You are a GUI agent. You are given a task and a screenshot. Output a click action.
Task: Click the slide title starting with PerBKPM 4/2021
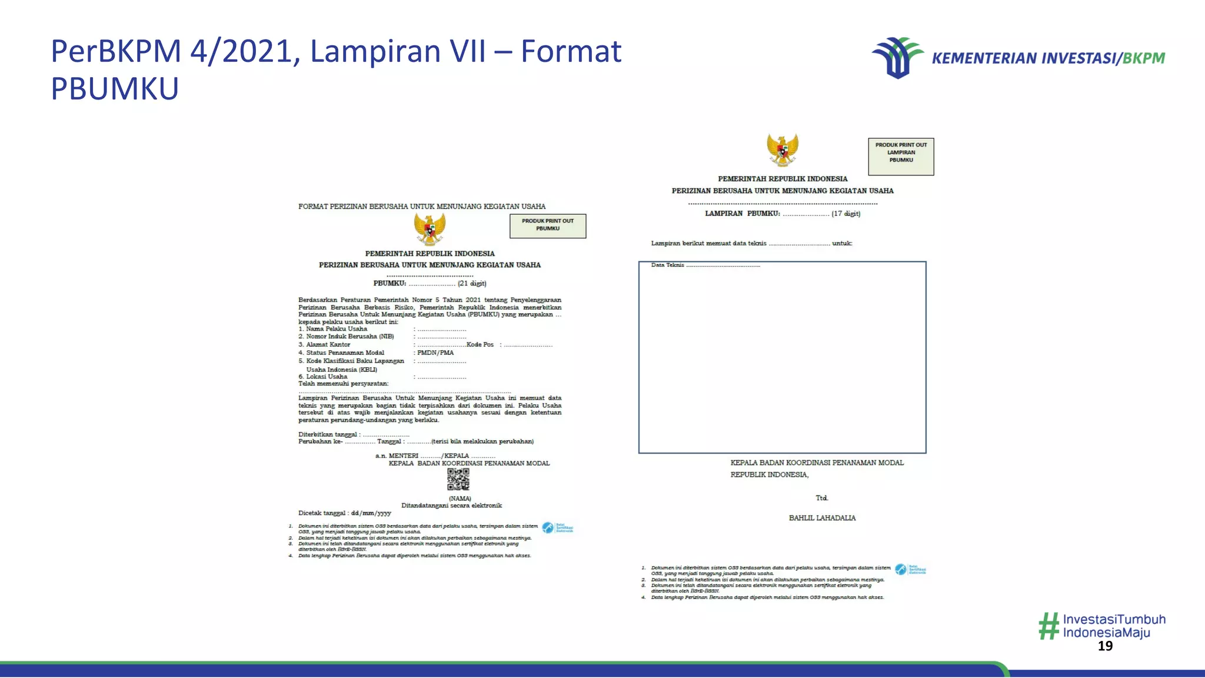point(335,69)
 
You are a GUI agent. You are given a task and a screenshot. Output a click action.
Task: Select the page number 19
point(1105,646)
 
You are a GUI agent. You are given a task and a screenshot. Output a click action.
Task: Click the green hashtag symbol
point(1048,626)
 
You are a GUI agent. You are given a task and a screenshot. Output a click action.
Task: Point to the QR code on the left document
point(458,480)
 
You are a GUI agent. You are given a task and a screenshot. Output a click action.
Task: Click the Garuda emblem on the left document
point(430,229)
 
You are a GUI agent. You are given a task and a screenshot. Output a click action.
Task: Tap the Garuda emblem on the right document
point(782,149)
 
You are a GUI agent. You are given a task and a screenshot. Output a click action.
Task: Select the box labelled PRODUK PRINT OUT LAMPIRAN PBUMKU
point(901,157)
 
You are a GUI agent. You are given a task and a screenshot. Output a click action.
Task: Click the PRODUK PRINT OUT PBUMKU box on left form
point(548,226)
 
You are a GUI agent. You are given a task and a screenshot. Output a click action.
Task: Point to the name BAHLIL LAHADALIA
point(822,518)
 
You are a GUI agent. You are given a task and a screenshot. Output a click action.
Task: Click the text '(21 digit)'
point(472,284)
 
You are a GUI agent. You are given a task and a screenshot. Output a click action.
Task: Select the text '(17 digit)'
point(846,214)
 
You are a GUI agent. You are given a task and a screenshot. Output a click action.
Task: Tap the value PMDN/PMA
point(435,353)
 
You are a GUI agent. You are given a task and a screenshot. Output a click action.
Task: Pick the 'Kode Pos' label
point(480,345)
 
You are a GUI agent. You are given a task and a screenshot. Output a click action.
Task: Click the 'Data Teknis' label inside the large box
point(667,265)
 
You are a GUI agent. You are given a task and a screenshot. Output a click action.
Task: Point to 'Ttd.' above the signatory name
point(821,498)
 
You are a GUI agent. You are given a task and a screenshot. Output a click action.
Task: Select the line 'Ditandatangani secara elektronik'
point(451,506)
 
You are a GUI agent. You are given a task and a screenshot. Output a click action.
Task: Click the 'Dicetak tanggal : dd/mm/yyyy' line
point(344,513)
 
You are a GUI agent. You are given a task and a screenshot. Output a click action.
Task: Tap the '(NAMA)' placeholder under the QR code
point(460,498)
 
